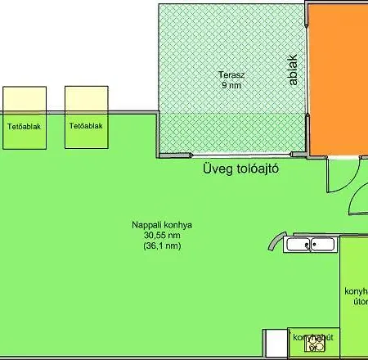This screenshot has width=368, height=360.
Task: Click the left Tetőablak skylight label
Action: (25, 127)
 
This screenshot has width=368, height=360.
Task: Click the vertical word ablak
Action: (292, 70)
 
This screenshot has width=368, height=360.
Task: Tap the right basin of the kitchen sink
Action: (321, 243)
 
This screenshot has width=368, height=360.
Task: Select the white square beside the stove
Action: (276, 343)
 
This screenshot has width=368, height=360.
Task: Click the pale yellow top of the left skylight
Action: (25, 100)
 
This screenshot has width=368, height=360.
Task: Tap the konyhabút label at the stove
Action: (312, 336)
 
